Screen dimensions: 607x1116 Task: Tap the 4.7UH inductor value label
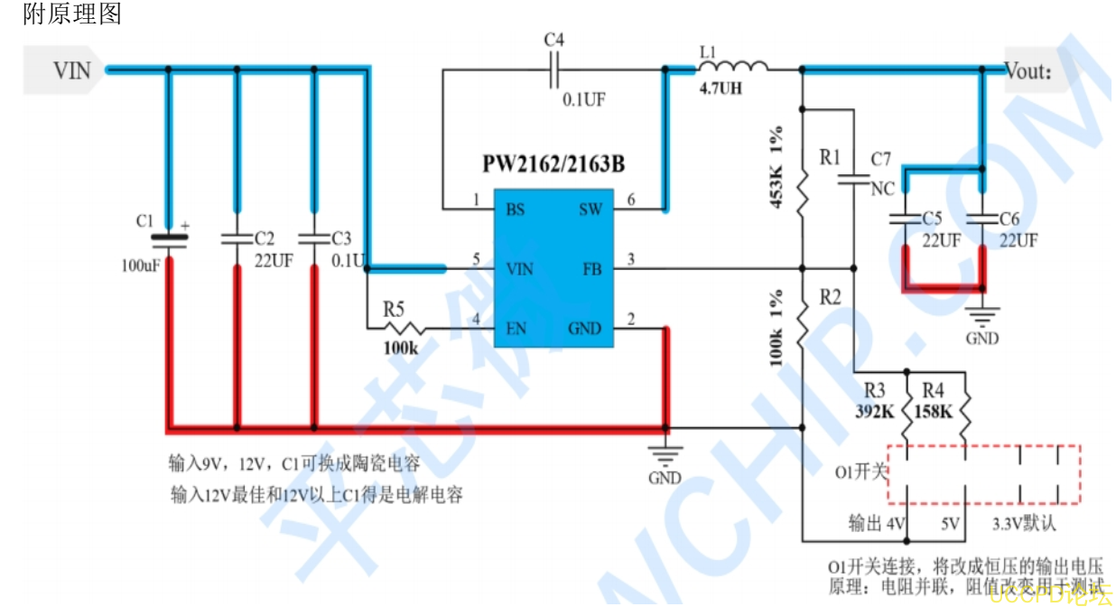tap(721, 89)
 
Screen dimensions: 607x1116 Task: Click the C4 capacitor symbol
tap(554, 68)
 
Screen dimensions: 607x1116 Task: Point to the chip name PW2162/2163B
tap(553, 165)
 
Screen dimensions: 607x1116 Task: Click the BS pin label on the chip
tap(516, 210)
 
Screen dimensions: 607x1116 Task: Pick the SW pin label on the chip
tap(590, 210)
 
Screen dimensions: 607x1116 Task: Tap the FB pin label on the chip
tap(591, 268)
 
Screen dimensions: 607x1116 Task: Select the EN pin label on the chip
tap(516, 328)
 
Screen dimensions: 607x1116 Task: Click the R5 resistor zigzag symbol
tap(404, 328)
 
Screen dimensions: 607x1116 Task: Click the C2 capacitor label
tap(264, 238)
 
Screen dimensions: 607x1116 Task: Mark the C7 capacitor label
tap(880, 160)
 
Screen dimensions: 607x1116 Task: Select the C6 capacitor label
tap(1009, 219)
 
